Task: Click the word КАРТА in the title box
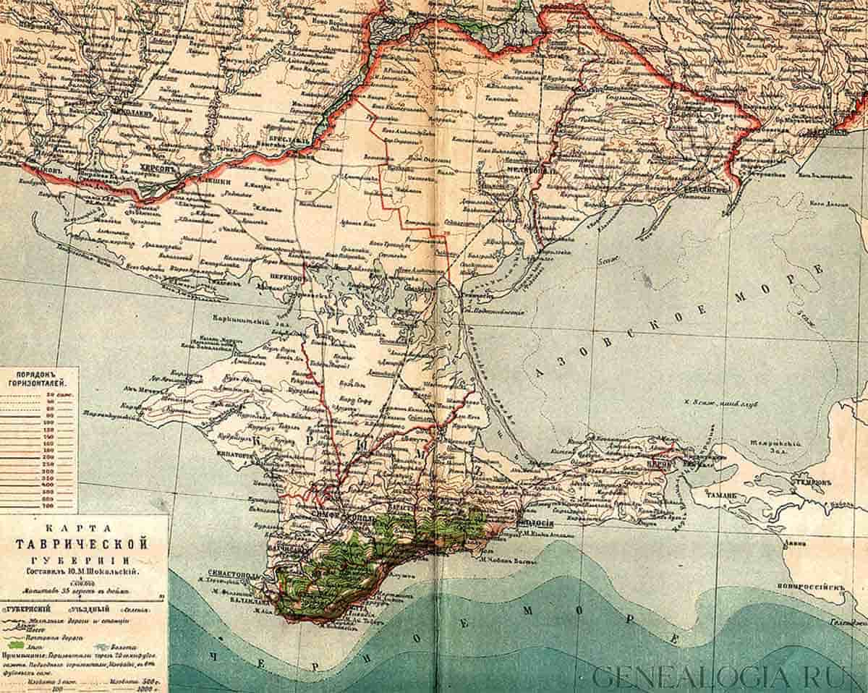click(x=84, y=527)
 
